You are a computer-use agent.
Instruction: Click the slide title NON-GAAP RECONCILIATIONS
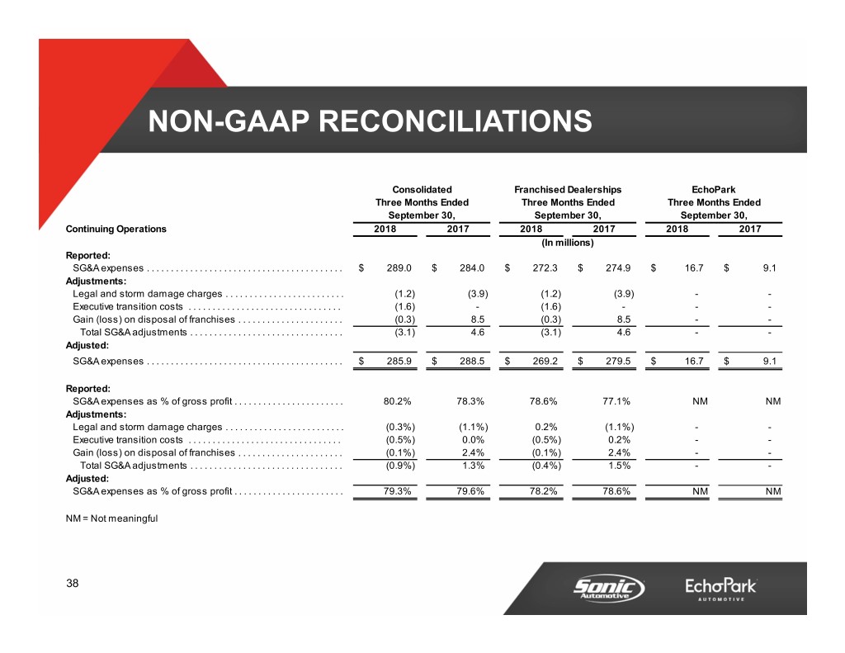[370, 121]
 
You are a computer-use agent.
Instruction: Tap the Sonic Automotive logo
[609, 589]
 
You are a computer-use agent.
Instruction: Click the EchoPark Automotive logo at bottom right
[720, 589]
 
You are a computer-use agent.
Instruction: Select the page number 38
[73, 584]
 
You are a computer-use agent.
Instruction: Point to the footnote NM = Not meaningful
[111, 518]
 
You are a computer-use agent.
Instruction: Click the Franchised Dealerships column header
[568, 189]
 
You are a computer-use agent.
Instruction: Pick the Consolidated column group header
[422, 189]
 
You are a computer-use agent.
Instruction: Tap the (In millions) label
[568, 243]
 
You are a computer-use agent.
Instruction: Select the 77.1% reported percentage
[616, 401]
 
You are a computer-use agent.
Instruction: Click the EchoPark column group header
[714, 189]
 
